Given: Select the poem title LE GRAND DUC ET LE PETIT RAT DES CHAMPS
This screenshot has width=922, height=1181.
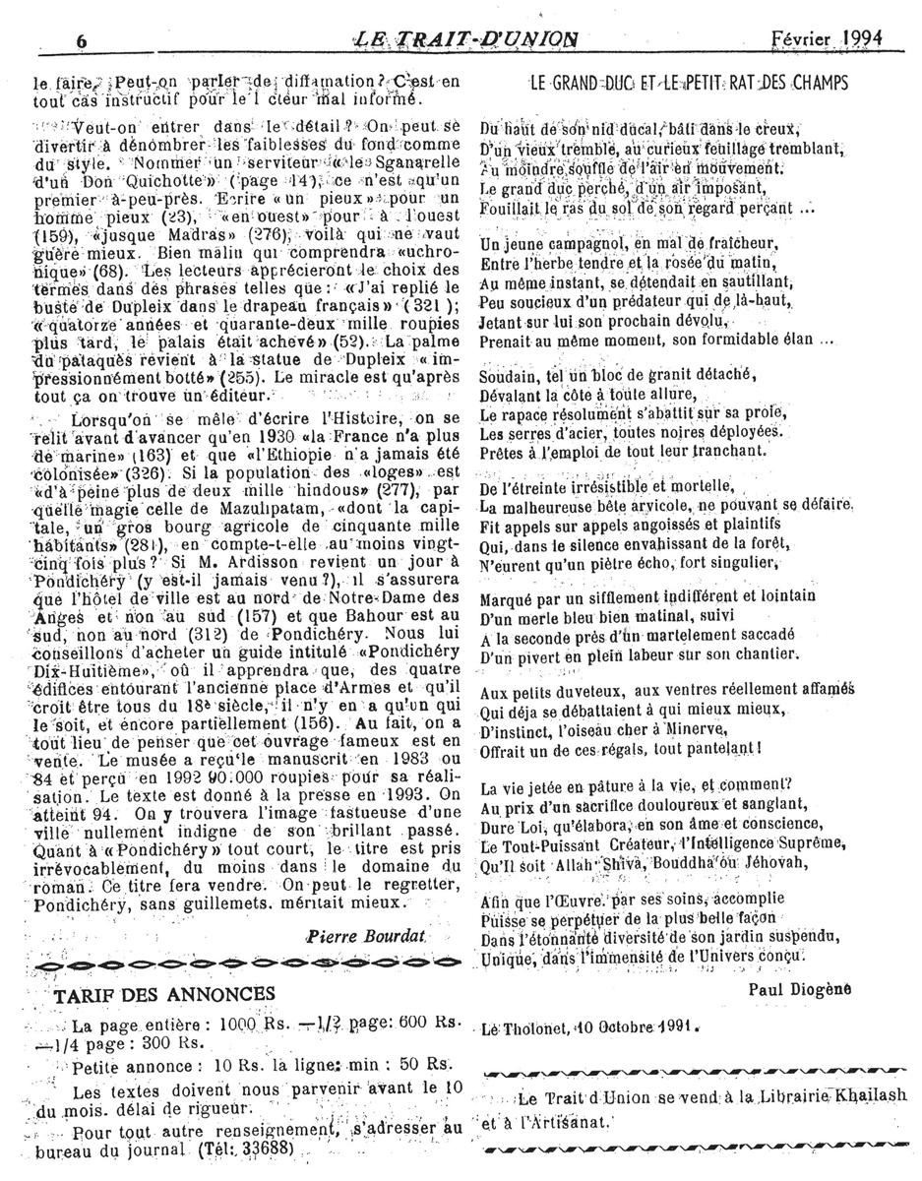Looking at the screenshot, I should (688, 83).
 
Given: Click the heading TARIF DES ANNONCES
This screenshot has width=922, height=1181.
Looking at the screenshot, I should (164, 993).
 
